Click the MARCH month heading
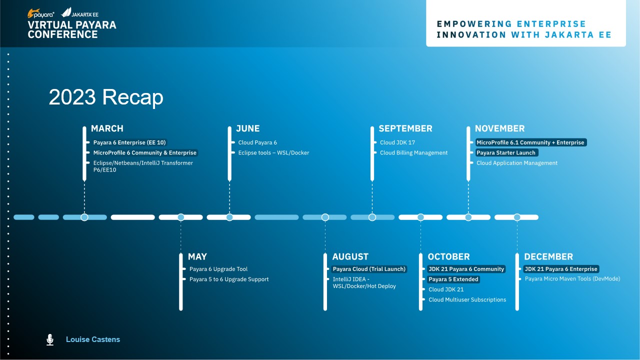pos(107,128)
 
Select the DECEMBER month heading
pos(548,256)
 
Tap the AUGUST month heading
pos(350,256)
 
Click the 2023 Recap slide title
pos(106,97)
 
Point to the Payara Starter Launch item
pos(506,152)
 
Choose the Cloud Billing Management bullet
pos(413,153)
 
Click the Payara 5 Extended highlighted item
pos(453,279)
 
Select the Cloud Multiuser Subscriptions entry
pos(467,299)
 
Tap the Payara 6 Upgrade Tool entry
pos(218,269)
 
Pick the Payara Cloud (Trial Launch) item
pos(369,269)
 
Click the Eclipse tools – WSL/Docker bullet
pos(273,153)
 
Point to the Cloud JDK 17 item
pos(397,142)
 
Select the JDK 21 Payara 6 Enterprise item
pos(561,269)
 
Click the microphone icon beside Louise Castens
pos(50,339)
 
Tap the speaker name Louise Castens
pos(93,339)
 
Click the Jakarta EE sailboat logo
pos(66,12)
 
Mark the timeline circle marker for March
pos(84,217)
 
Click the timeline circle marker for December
pos(517,217)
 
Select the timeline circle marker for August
pos(325,217)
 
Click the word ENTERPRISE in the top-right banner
pos(551,24)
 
